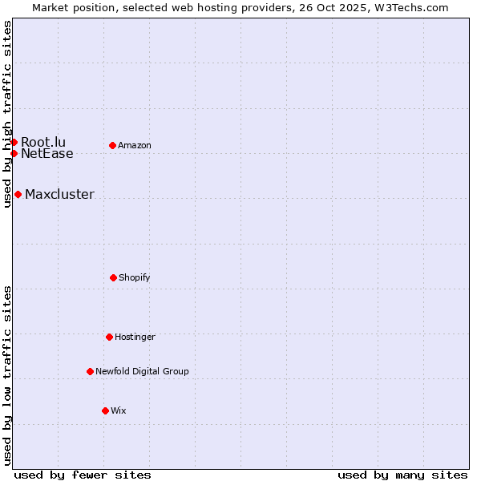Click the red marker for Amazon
point(112,145)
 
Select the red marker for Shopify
point(113,277)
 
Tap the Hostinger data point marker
point(109,337)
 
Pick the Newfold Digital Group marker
point(90,371)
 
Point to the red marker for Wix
point(105,410)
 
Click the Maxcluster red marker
point(18,194)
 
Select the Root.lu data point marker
point(14,142)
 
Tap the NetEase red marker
point(14,153)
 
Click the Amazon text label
point(135,145)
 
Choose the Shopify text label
point(135,277)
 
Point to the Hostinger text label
point(135,337)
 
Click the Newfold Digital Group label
point(142,371)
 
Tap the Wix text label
point(119,410)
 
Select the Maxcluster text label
point(59,194)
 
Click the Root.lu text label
point(43,142)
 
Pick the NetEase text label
point(47,154)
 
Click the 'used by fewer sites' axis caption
point(83,475)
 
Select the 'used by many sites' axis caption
point(402,475)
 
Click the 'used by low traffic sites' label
point(7,375)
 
